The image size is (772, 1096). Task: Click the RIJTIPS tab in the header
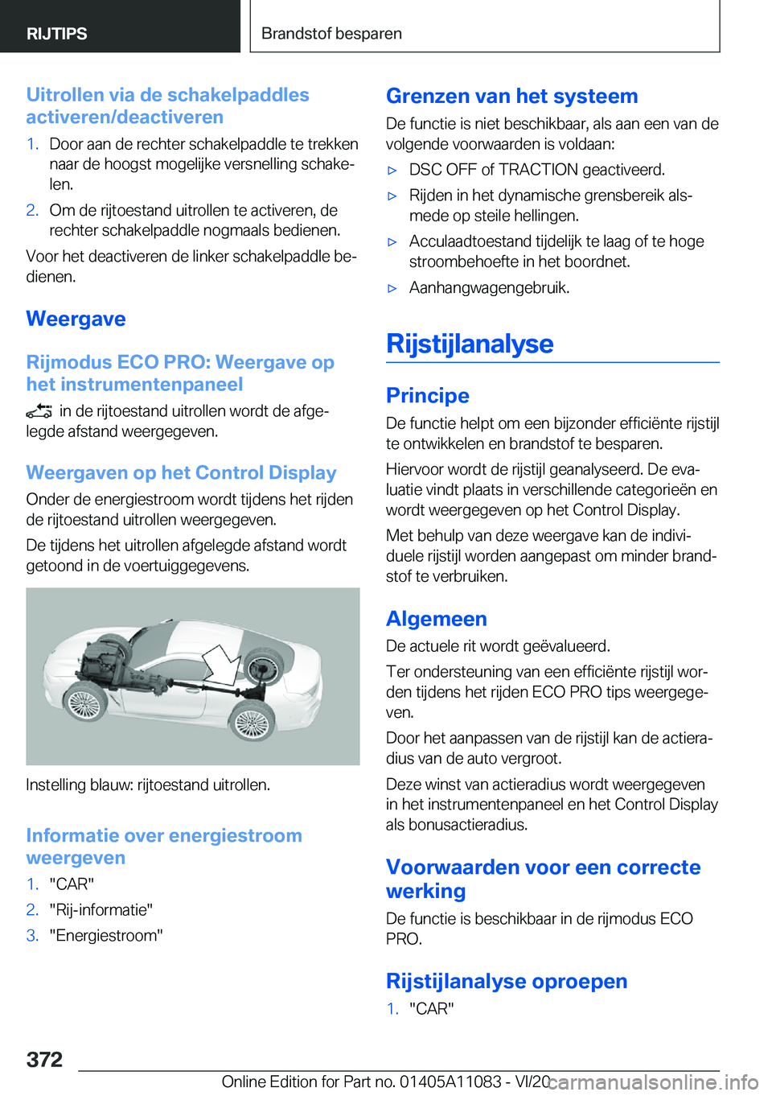click(x=57, y=34)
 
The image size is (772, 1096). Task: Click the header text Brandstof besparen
click(x=331, y=34)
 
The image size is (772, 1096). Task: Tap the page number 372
click(x=44, y=1059)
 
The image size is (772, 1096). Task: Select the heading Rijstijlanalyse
click(x=470, y=344)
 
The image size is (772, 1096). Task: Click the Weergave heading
click(x=76, y=319)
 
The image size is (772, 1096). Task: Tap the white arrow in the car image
click(x=221, y=664)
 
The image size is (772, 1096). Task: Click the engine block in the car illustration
click(x=101, y=660)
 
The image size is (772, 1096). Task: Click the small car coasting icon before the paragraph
click(x=39, y=412)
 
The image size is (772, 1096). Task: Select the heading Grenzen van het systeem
click(x=511, y=96)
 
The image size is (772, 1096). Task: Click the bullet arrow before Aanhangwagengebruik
click(x=392, y=288)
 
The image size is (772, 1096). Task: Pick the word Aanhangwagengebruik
click(x=488, y=287)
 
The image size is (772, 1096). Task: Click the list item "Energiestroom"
click(x=106, y=935)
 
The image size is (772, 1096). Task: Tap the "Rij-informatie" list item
click(x=101, y=909)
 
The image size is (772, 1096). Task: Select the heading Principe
click(x=427, y=395)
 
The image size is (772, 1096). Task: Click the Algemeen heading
click(x=436, y=618)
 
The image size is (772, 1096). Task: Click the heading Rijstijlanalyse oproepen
click(x=506, y=981)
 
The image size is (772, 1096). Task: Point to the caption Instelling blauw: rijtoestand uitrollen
click(x=148, y=785)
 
